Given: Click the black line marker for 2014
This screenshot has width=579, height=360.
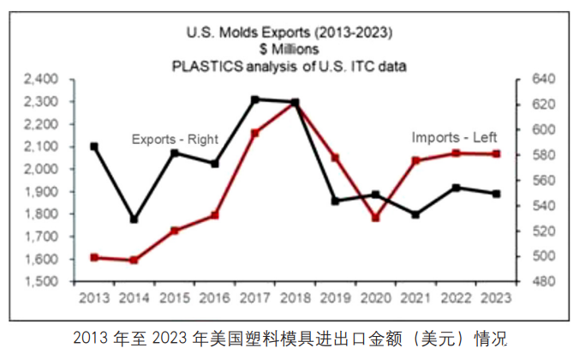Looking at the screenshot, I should (x=134, y=219).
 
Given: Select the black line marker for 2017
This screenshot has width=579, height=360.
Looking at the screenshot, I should (x=255, y=99).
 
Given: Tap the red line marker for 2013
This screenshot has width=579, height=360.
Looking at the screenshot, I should (x=94, y=257).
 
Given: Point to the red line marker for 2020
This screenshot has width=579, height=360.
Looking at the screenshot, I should (x=375, y=218).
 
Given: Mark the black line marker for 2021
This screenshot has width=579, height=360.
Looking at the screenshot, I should (x=415, y=214).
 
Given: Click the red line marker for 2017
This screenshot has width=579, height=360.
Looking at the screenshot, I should (x=255, y=133).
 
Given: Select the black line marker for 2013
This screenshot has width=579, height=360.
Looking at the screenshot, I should (x=94, y=147).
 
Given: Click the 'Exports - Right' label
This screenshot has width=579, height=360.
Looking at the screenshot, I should (x=175, y=139).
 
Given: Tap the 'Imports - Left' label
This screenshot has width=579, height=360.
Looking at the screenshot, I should (x=454, y=136).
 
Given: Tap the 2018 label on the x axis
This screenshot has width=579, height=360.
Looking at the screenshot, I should (x=295, y=297).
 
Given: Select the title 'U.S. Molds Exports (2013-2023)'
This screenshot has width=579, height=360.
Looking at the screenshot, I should (x=289, y=34).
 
